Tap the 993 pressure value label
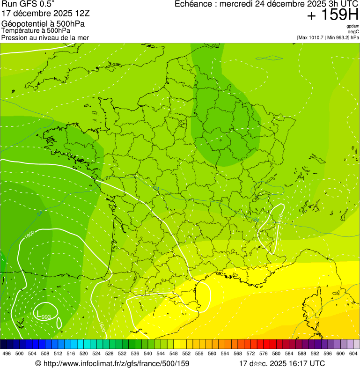pos(46,317)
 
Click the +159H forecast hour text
pos(332,15)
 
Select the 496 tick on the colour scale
pos(7,353)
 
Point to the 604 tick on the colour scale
pos(353,353)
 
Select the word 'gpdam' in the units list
pos(353,26)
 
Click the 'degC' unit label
pos(353,32)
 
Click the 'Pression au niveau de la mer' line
pos(45,37)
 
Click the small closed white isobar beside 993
pos(59,322)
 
